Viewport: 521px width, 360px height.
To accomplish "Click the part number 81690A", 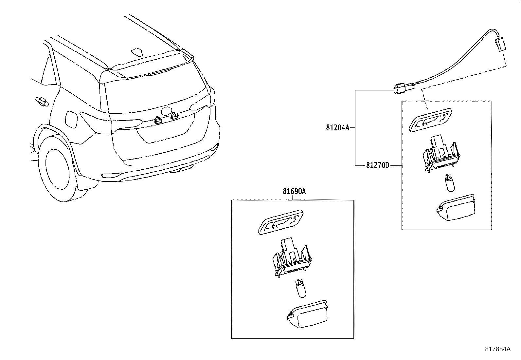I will point(294,191).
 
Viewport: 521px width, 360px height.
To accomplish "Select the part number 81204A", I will point(337,128).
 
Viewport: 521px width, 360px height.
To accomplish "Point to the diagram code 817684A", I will point(497,349).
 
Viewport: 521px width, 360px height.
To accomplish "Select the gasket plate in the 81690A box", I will point(280,222).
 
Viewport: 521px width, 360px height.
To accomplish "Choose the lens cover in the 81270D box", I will point(457,208).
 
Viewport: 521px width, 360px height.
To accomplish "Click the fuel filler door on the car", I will point(71,118).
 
